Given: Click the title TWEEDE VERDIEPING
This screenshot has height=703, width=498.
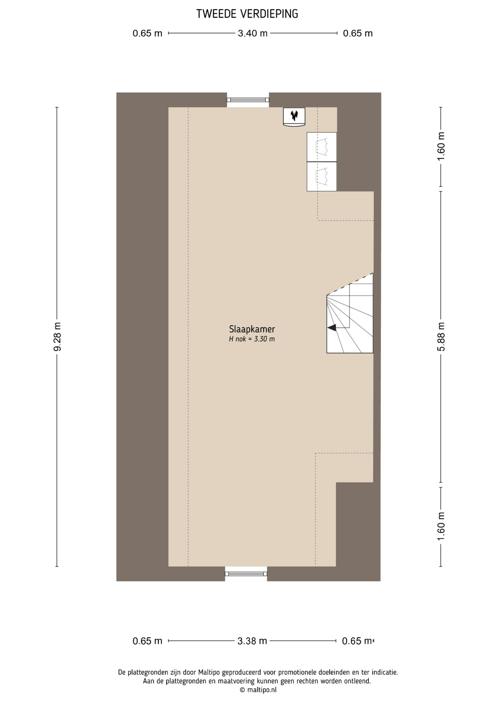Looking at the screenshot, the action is coord(247,14).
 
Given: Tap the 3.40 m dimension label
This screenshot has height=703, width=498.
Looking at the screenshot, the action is coord(253,33).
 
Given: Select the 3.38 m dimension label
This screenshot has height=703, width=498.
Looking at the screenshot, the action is coord(252,641).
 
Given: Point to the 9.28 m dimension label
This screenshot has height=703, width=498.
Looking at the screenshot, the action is coord(57,336).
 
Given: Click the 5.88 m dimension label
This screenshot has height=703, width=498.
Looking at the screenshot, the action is coord(441,336).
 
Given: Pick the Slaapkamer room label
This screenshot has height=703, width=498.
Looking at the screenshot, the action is coord(252,329).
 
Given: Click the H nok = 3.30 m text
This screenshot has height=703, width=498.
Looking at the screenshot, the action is coord(252,339).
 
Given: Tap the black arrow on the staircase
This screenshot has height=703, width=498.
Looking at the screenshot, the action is coord(332,328).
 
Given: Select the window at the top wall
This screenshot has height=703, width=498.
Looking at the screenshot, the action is coord(248,100).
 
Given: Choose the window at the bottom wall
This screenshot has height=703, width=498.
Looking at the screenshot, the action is coord(246,574).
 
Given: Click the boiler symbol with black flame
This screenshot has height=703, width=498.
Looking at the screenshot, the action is coord(294,116).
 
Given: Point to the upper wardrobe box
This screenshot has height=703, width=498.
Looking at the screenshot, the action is coord(322,147).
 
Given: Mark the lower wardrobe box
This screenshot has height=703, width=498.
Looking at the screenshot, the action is coord(322,176).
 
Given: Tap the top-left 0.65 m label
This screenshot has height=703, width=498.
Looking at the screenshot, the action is coord(147,33).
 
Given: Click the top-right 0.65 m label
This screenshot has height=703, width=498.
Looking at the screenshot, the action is coord(358,33).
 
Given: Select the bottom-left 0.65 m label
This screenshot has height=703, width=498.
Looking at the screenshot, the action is coord(147,641).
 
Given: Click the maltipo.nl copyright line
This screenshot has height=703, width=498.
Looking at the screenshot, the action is coord(258,690).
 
